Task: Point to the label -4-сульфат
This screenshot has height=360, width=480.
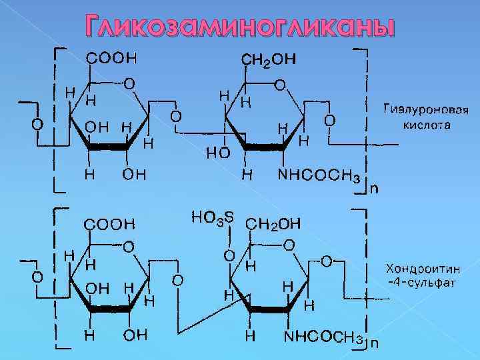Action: (x=422, y=283)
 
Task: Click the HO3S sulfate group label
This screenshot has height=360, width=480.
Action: (x=213, y=217)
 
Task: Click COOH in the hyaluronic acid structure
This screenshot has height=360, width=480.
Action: (x=111, y=58)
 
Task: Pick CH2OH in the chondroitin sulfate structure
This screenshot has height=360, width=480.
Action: (x=274, y=223)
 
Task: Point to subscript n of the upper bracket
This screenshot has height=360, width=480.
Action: (x=373, y=189)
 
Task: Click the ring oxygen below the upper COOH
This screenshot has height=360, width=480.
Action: (x=129, y=84)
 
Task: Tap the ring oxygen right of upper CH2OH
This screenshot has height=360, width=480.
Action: (x=281, y=85)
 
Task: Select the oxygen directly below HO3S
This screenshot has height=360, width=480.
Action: (x=228, y=255)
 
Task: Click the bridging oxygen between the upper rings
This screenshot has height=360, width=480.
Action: (x=175, y=117)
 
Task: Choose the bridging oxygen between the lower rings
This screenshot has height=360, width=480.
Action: (x=177, y=279)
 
